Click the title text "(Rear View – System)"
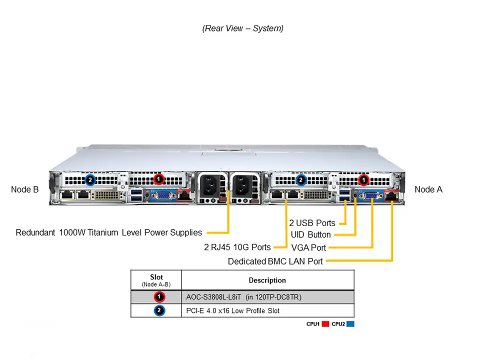(242, 28)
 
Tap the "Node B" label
(24, 189)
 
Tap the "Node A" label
(428, 189)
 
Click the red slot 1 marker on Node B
(158, 178)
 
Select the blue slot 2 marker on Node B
(90, 179)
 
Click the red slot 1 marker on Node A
(363, 179)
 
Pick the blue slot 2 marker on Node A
(300, 179)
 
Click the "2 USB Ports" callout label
(312, 223)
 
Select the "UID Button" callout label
(310, 234)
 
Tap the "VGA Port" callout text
(308, 247)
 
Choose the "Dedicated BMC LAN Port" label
(275, 261)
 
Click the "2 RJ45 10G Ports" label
(237, 247)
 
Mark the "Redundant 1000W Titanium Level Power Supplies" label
(109, 232)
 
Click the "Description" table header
(267, 280)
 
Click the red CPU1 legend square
(325, 324)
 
